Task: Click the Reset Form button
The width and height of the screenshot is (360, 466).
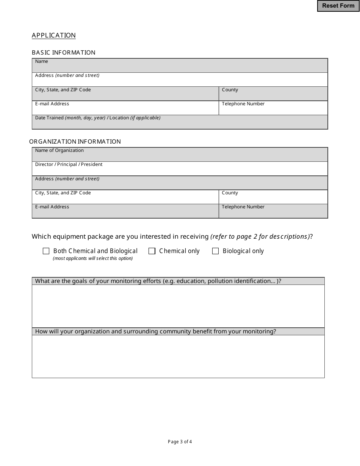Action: pyautogui.click(x=338, y=6)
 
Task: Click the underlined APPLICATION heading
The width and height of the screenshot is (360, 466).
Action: pyautogui.click(x=54, y=35)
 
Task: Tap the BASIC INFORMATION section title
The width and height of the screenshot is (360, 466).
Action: pyautogui.click(x=64, y=52)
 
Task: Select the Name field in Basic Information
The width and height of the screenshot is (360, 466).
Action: pyautogui.click(x=180, y=67)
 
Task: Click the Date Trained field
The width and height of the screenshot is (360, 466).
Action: pyautogui.click(x=180, y=123)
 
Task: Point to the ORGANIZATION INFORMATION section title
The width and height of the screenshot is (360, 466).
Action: pyautogui.click(x=75, y=141)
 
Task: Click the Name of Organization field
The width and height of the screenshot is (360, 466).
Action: pyautogui.click(x=180, y=156)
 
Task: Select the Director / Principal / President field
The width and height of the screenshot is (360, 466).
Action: pyautogui.click(x=180, y=170)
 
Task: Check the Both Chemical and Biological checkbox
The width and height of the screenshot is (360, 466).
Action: pyautogui.click(x=46, y=251)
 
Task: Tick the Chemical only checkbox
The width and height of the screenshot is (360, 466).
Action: pyautogui.click(x=152, y=251)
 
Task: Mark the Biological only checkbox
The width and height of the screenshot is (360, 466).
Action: pyautogui.click(x=216, y=251)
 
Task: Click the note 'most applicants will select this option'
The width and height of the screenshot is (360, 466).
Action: pyautogui.click(x=93, y=258)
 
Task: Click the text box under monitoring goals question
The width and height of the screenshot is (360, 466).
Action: pyautogui.click(x=178, y=306)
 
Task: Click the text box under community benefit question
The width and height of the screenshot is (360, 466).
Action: pyautogui.click(x=178, y=356)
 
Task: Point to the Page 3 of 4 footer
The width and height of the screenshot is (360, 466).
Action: pyautogui.click(x=180, y=441)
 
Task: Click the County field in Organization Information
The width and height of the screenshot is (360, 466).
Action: pyautogui.click(x=273, y=199)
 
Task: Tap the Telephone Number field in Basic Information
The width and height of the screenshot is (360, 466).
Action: pyautogui.click(x=273, y=109)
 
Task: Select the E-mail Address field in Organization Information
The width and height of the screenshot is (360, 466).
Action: pyautogui.click(x=125, y=213)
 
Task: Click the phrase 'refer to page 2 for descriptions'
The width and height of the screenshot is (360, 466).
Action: pyautogui.click(x=260, y=236)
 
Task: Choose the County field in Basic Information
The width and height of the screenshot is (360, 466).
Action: pyautogui.click(x=273, y=95)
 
